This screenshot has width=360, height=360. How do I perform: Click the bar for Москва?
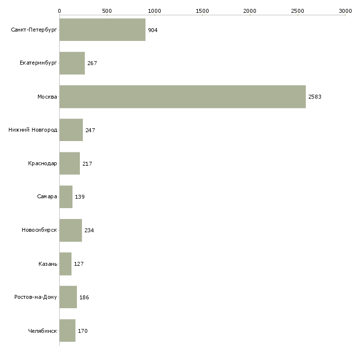(x=182, y=97)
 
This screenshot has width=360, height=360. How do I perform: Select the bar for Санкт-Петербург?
(x=103, y=30)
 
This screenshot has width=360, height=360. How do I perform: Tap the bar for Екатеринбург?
(x=72, y=63)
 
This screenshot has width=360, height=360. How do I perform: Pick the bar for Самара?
(x=66, y=197)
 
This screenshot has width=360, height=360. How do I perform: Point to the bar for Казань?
(x=66, y=264)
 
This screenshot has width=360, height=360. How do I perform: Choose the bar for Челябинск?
(x=68, y=330)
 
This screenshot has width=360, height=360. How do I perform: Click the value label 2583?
(x=315, y=97)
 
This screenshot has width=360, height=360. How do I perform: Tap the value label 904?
(x=153, y=30)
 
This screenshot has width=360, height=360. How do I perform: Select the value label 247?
(x=90, y=130)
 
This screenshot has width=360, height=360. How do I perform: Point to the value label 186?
(x=84, y=297)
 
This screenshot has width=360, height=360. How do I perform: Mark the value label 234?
(x=89, y=230)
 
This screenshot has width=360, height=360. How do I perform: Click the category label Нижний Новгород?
(x=33, y=130)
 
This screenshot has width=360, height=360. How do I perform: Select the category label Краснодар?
(x=43, y=163)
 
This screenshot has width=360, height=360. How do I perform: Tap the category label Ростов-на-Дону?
(x=36, y=297)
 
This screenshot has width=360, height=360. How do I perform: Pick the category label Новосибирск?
(x=39, y=230)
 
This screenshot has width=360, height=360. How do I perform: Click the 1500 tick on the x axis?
(x=202, y=10)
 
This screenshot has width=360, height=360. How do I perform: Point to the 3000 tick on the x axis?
(x=345, y=10)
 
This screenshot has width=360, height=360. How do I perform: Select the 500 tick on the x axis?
(x=107, y=10)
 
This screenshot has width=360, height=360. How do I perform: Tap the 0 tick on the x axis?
(x=60, y=10)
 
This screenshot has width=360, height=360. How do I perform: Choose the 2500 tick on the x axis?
(x=297, y=10)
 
